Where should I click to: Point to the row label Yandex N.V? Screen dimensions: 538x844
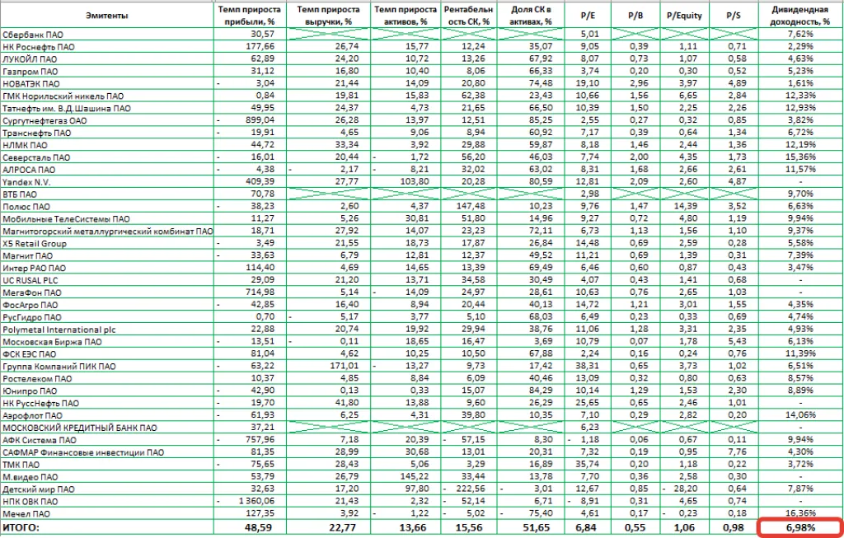24,182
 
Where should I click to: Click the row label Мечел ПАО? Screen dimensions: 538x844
25,513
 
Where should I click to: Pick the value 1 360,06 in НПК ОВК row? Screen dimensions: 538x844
255,501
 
